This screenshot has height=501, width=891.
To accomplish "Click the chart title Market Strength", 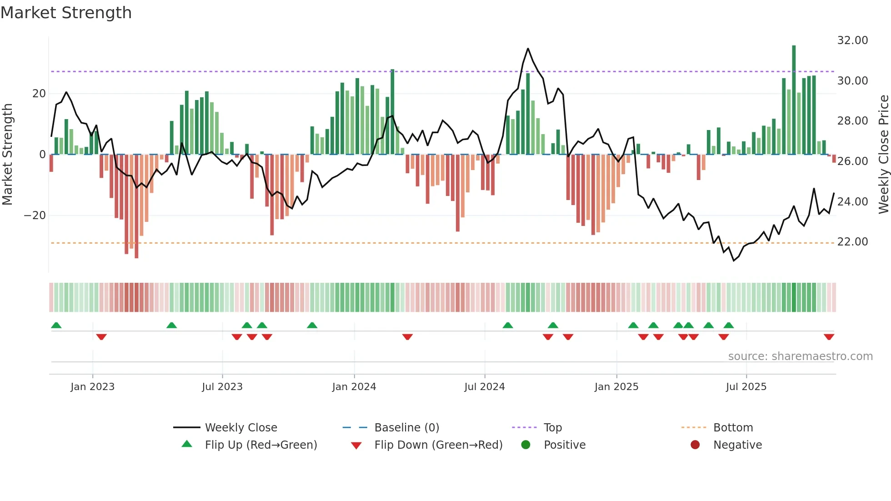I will click(66, 13).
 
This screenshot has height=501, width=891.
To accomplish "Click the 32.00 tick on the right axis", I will click(852, 40).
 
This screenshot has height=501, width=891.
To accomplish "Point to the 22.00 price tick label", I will click(852, 242).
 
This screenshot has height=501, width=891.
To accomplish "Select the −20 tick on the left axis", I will click(35, 215).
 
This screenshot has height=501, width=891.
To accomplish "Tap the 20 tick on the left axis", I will click(39, 94).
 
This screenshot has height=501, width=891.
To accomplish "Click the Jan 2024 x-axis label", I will click(354, 387).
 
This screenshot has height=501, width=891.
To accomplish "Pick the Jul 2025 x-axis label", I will click(746, 387).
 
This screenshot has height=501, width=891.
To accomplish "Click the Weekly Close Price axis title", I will click(883, 155).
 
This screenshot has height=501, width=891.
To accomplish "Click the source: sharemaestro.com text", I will click(800, 356).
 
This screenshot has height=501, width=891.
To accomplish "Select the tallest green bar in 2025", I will click(794, 100).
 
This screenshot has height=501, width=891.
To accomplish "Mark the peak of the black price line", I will click(528, 49).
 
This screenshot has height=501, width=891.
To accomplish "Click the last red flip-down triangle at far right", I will click(829, 337).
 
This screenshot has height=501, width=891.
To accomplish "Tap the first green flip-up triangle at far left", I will click(56, 325).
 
